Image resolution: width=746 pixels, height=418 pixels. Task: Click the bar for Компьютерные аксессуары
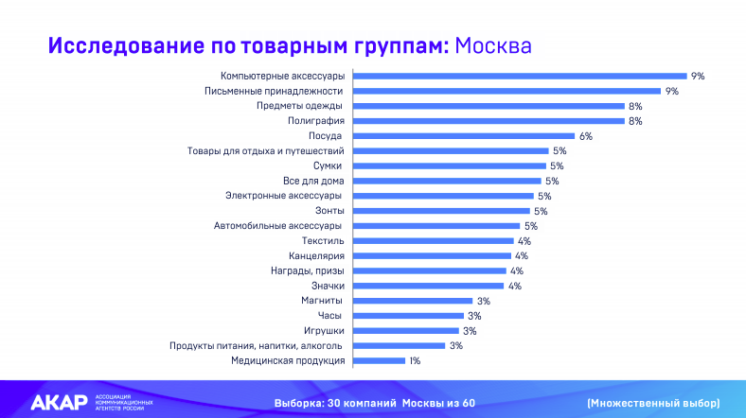tap(520, 76)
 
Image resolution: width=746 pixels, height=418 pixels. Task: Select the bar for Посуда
tap(464, 136)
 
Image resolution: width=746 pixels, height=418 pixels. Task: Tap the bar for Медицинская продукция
tap(380, 360)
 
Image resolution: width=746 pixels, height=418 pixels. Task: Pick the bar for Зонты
tap(442, 211)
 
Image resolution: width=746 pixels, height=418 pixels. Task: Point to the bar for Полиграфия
tap(488, 121)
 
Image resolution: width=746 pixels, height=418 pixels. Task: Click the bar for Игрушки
tap(406, 331)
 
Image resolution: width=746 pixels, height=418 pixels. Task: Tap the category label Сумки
tap(327, 165)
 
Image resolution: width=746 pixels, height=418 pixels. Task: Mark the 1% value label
tap(415, 360)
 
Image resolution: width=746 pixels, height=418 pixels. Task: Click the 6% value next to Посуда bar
tap(585, 136)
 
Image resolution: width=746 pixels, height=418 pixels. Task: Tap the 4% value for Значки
tap(515, 286)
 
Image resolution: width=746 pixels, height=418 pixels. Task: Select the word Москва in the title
tap(493, 45)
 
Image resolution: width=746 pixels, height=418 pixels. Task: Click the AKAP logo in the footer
tap(59, 402)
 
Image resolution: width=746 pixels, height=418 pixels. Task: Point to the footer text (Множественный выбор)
tap(652, 403)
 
